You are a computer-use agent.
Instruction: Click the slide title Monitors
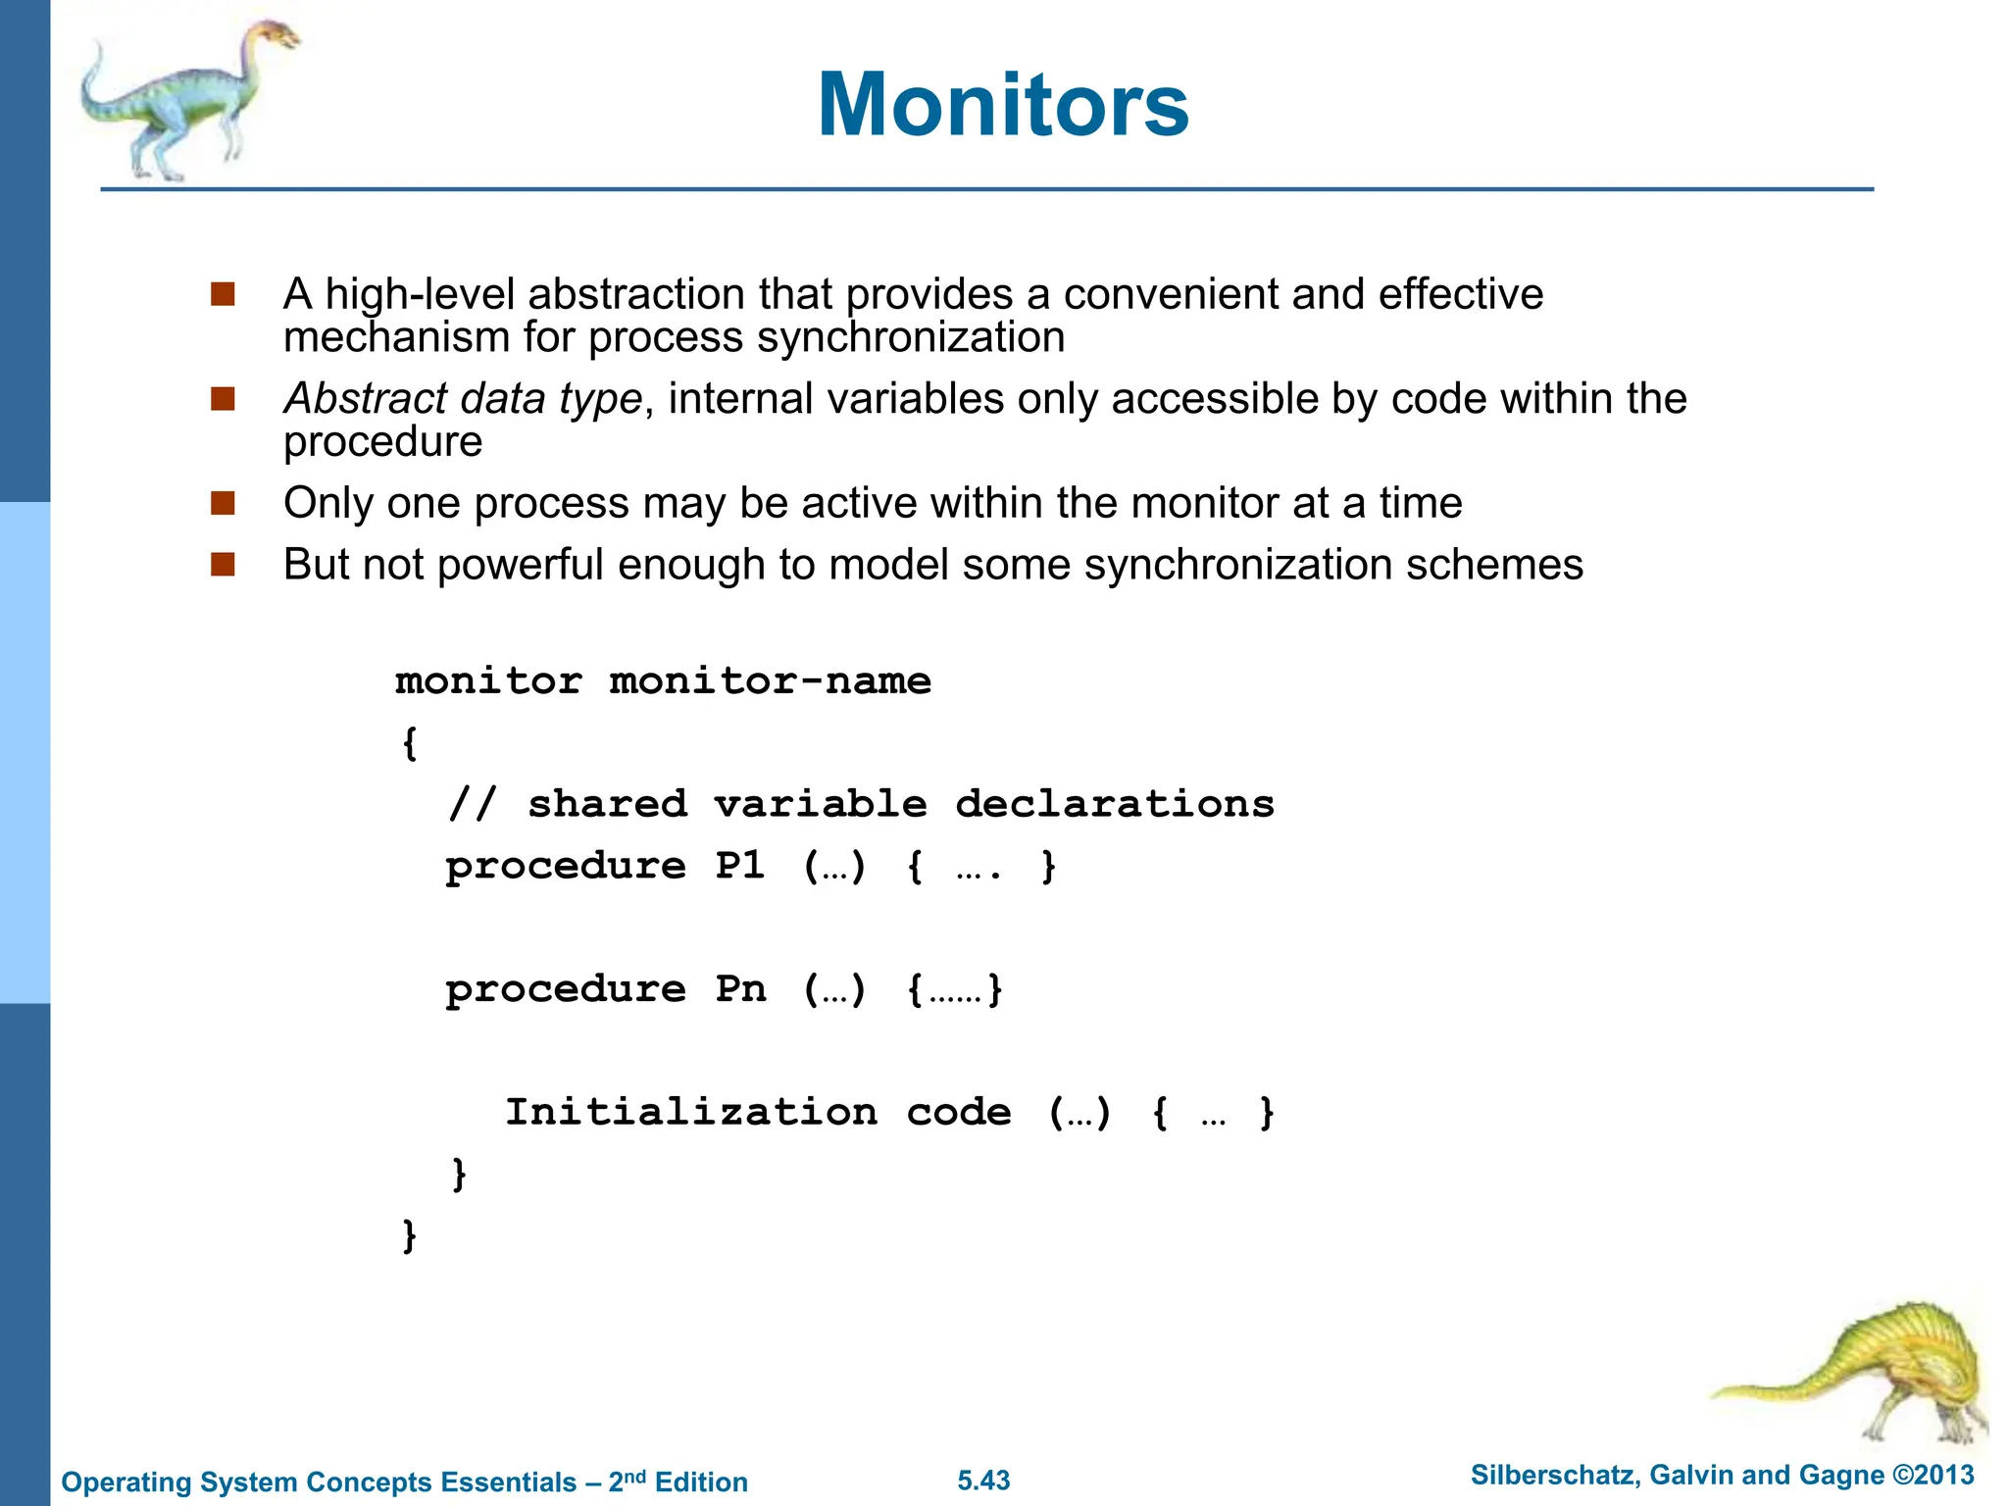coord(1003,105)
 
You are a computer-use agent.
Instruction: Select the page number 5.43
coord(983,1481)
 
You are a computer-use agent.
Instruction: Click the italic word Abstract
coord(365,399)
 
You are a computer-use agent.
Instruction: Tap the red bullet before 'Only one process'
coord(224,503)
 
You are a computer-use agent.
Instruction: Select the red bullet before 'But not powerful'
coord(224,565)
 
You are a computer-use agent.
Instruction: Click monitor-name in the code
coord(770,680)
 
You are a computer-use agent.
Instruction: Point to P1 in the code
coord(739,866)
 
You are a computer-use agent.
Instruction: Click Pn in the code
coord(739,989)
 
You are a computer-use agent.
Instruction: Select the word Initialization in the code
coord(691,1112)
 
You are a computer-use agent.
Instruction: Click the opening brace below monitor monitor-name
coord(410,743)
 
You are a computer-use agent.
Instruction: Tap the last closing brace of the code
coord(410,1235)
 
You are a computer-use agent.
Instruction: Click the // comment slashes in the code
coord(473,804)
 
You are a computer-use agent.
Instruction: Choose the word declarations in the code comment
coord(1115,804)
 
